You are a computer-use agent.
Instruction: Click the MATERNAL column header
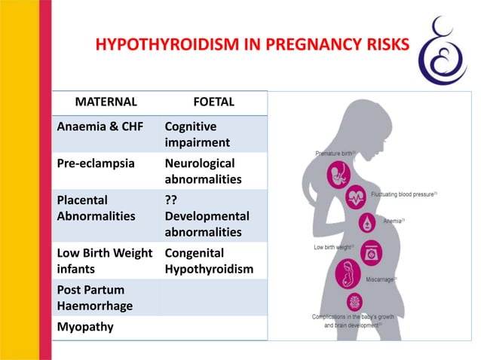click(106, 101)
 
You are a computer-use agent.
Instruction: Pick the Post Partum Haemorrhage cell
click(93, 297)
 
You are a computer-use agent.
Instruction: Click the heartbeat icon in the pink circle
click(356, 198)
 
